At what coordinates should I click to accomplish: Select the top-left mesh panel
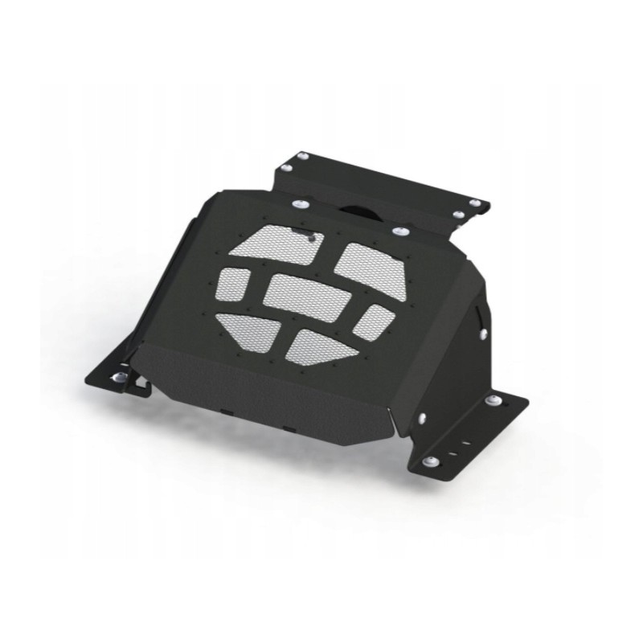276,244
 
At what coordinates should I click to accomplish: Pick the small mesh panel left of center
233,284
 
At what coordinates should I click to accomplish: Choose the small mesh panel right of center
374,321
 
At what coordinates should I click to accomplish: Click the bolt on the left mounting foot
121,376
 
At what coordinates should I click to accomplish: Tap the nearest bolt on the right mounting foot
431,461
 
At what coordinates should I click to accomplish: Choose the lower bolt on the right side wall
421,417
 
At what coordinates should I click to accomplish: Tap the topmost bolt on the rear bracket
302,156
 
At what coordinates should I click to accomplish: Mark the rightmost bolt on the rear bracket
475,203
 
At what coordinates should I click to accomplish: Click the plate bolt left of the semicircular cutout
299,203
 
